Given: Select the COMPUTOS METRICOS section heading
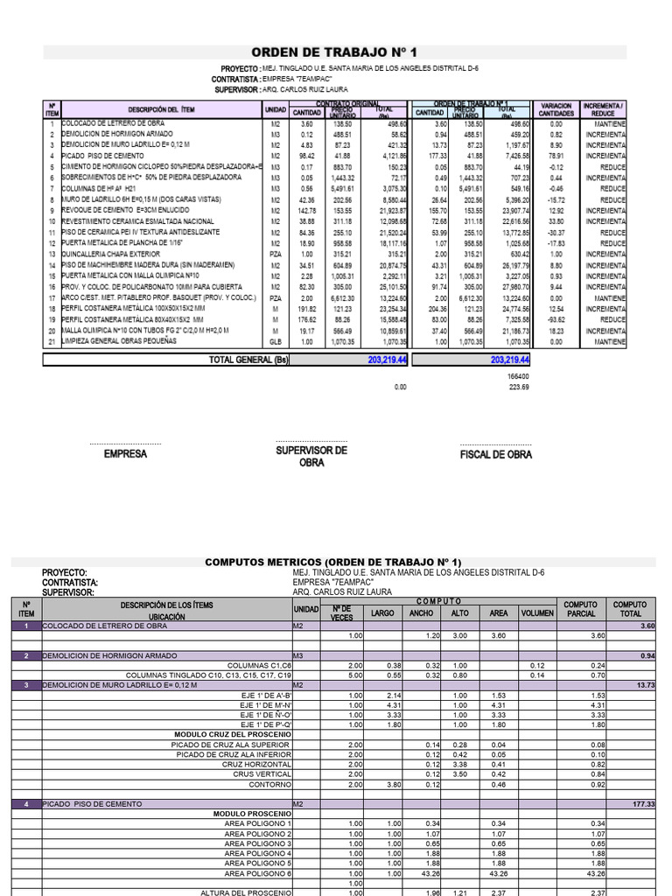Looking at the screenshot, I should [332, 561].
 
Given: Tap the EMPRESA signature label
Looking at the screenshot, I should [125, 455].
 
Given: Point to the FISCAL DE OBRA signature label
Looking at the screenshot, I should [495, 455].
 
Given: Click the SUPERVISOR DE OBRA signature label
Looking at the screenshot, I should [311, 456].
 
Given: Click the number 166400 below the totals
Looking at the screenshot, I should [519, 375].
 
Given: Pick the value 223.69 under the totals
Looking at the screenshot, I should [520, 387].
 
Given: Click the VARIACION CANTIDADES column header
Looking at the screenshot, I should [556, 109].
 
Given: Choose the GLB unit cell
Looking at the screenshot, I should [275, 342].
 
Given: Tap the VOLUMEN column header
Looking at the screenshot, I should [537, 613].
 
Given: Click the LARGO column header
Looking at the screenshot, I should [382, 613].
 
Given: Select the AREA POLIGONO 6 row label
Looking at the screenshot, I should [258, 873].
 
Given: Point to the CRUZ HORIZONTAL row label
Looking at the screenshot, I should [261, 764].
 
